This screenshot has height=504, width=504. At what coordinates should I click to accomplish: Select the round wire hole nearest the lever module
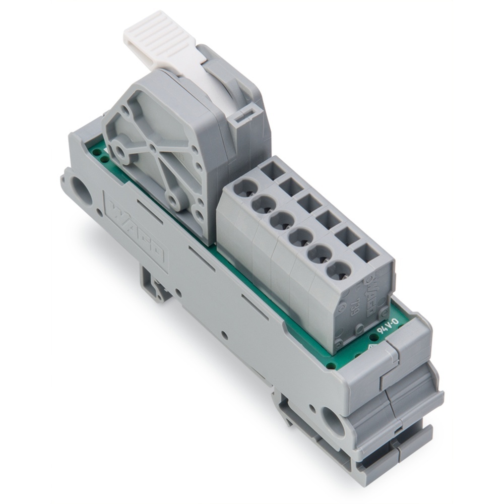(x=245, y=188)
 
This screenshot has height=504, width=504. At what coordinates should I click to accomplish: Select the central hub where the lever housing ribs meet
(x=152, y=148)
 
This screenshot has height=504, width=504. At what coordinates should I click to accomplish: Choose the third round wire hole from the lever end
(x=281, y=220)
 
